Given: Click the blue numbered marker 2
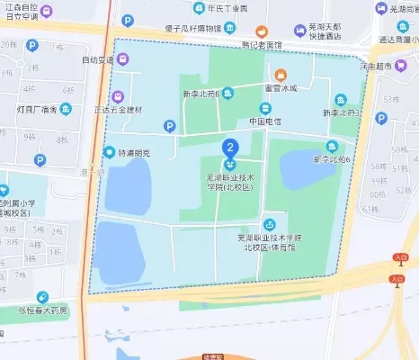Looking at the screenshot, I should pos(230,147).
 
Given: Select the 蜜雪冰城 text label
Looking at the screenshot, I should pos(281,87).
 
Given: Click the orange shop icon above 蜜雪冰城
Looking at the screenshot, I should pos(281,73).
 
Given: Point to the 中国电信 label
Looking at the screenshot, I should pos(267,120).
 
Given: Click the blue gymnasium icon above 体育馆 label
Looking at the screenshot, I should pos(268,223).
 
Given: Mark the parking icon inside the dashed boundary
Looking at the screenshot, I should pos(169,126).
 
